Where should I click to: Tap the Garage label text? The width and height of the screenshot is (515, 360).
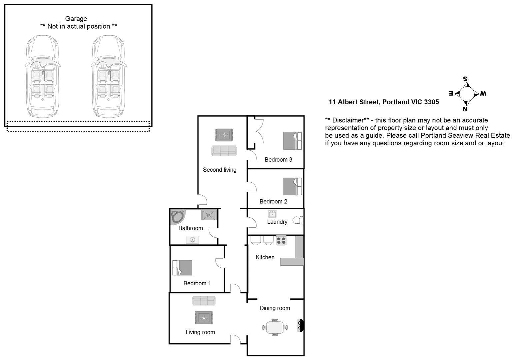coord(76,19)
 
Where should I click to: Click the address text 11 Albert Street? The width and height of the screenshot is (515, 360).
coord(383,102)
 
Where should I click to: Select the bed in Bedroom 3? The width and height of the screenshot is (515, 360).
coord(292,141)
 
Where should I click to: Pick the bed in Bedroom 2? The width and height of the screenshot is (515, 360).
coord(292,186)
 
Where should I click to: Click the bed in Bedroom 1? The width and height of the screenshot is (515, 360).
coord(182,268)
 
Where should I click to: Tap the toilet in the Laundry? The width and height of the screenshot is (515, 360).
coord(298,220)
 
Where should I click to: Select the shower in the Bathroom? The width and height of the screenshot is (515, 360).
coord(209,215)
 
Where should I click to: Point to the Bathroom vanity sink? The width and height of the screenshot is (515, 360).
coord(192,239)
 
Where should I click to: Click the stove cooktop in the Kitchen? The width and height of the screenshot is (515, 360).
coord(281,240)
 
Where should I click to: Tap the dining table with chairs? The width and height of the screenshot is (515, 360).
coord(275,327)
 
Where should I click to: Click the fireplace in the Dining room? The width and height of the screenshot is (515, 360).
coord(300,325)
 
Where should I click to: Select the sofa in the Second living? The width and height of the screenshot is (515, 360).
coord(224,151)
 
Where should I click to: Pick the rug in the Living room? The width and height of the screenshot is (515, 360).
coord(204,318)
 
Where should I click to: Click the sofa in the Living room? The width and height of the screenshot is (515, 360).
coord(204,301)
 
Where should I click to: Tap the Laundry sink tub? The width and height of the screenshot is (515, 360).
coord(272,213)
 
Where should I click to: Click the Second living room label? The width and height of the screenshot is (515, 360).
coord(220,170)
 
